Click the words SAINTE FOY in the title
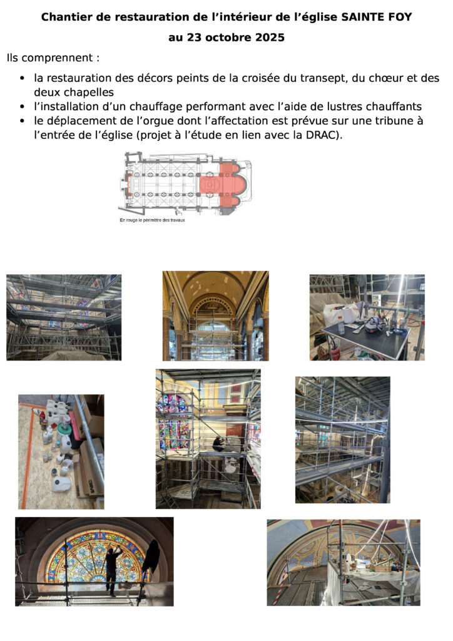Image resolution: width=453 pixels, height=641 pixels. coord(376,17)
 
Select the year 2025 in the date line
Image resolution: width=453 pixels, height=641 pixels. coord(270,38)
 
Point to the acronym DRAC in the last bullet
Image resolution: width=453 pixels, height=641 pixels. coord(322,135)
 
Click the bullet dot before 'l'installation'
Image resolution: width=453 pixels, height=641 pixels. coord(23,107)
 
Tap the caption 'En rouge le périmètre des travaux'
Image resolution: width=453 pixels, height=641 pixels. coord(152,220)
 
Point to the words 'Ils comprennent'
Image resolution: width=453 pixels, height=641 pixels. coord(49,58)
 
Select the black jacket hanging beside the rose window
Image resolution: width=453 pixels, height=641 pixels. coord(151,556)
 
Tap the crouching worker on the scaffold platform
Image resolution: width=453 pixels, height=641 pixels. coord(218,444)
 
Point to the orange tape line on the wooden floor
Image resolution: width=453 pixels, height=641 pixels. coord(26,457)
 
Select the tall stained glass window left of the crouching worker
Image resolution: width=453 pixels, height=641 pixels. coord(173,423)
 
